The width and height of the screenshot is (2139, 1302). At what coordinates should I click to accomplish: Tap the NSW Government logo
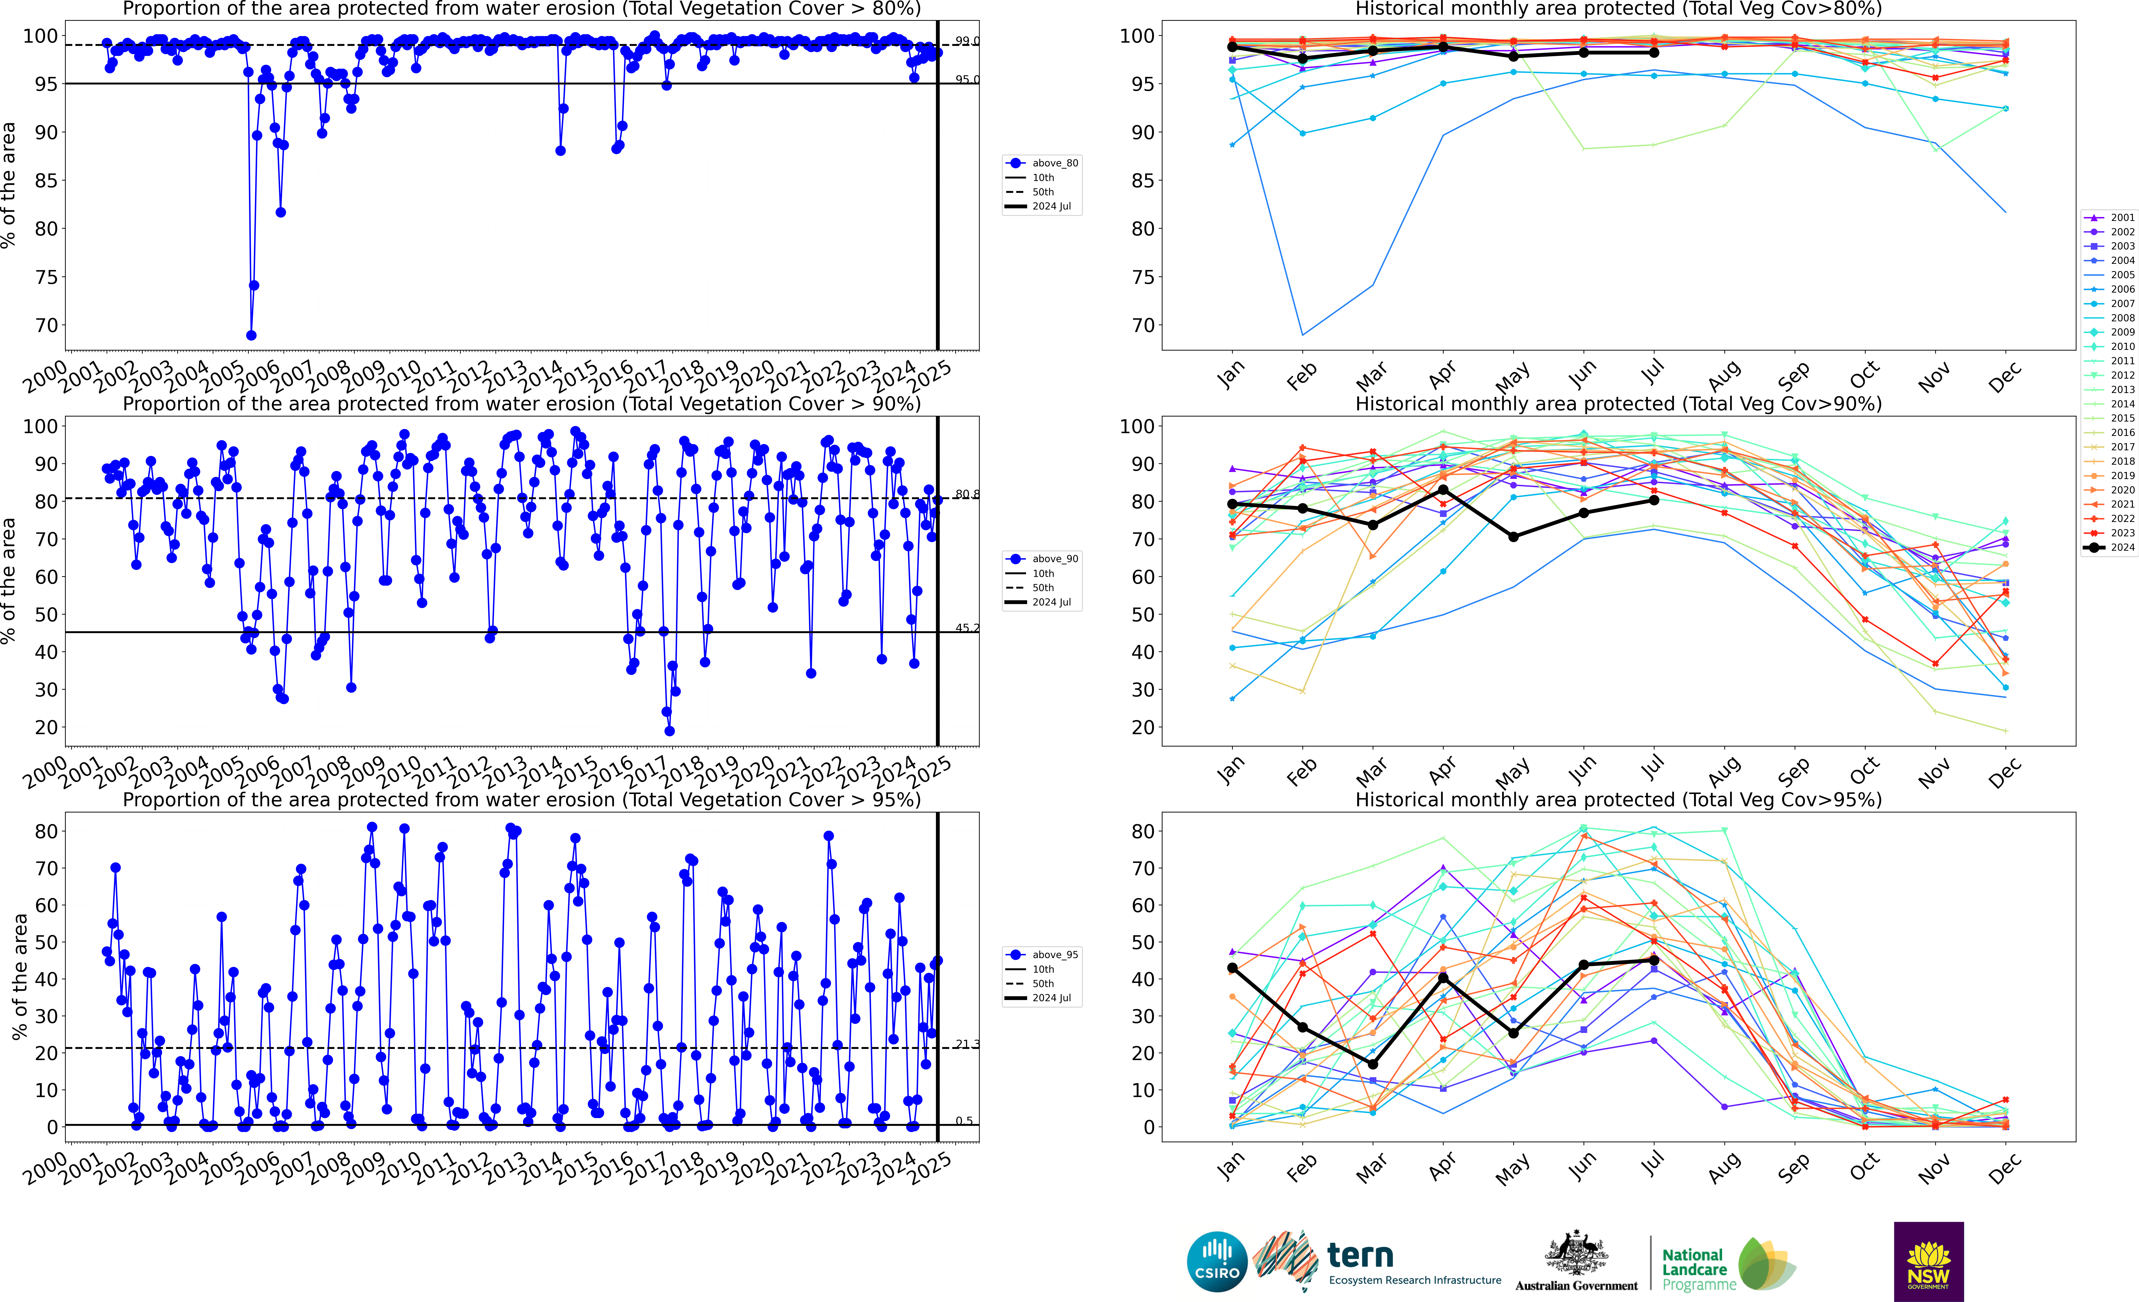coord(1928,1261)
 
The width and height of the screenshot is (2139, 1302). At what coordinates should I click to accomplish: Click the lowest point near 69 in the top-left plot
coord(251,335)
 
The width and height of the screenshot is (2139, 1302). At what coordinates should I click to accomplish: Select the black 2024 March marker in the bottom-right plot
coord(1372,1064)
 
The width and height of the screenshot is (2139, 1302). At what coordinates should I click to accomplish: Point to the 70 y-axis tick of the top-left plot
coord(46,325)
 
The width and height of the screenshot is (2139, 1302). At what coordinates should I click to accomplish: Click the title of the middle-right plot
coord(1618,404)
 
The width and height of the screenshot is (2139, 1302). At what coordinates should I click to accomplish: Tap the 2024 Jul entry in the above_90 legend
coord(1051,603)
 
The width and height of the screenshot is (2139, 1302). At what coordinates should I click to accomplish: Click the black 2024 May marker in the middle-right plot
coord(1513,537)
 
